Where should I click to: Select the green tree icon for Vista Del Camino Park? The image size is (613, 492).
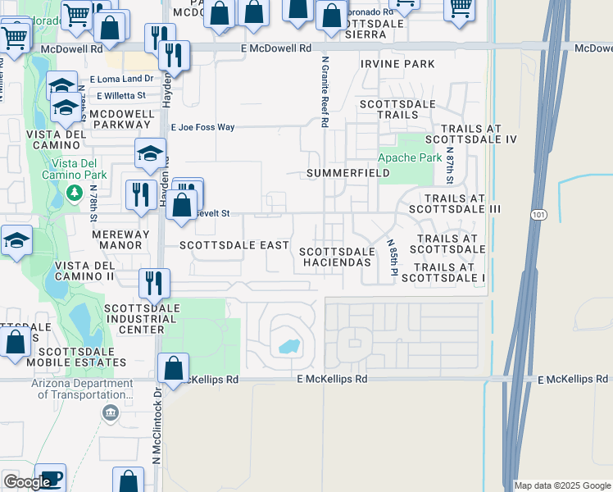click(75, 192)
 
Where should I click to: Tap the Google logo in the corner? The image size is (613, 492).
click(26, 482)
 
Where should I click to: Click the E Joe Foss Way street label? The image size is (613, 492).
click(202, 127)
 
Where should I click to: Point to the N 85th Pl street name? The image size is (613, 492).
click(392, 257)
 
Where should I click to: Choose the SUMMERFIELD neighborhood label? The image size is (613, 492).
click(341, 174)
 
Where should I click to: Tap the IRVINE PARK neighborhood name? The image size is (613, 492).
click(397, 64)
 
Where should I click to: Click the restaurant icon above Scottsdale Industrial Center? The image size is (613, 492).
click(154, 284)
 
